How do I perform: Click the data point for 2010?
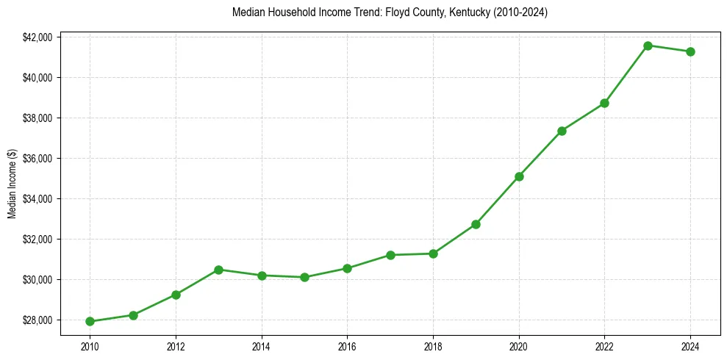tap(90, 321)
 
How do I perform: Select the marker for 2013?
tap(218, 270)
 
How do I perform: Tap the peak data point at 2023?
tap(648, 46)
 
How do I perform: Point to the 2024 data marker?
tap(690, 51)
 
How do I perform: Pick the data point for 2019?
tap(476, 224)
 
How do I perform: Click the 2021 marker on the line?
tap(562, 131)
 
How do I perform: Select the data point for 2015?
tap(304, 277)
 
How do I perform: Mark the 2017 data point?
tap(390, 255)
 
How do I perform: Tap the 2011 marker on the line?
tap(133, 315)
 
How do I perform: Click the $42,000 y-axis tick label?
tap(38, 37)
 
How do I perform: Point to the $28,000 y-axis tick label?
tap(38, 320)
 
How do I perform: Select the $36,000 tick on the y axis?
tap(38, 158)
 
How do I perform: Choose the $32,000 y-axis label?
tap(38, 239)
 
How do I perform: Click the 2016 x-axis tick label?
tap(347, 345)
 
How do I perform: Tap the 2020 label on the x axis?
tap(519, 345)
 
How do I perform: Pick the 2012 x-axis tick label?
tap(176, 345)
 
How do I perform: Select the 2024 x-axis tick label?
tap(690, 345)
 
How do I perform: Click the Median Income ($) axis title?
tap(12, 184)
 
